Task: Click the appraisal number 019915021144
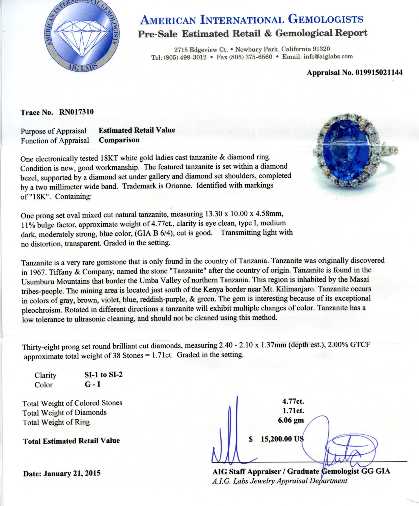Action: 379,73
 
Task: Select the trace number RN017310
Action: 76,112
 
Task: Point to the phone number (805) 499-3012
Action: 185,57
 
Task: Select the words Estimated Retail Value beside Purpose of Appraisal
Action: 137,130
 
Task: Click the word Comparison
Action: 119,140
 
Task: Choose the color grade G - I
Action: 92,384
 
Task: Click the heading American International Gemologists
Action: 251,20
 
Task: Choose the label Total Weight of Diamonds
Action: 64,413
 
